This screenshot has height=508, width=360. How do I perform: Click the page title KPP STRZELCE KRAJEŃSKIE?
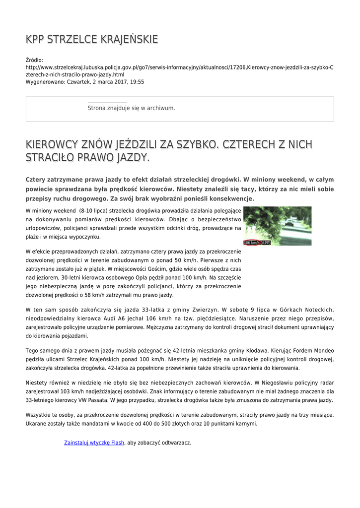[92, 39]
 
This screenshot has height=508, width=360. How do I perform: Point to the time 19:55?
[137, 82]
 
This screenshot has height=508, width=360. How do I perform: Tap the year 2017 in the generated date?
[116, 82]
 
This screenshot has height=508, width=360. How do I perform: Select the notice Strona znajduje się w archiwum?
[131, 108]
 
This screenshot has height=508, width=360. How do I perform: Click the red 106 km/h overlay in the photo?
[252, 243]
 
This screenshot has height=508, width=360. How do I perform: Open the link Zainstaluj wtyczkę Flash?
[94, 443]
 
